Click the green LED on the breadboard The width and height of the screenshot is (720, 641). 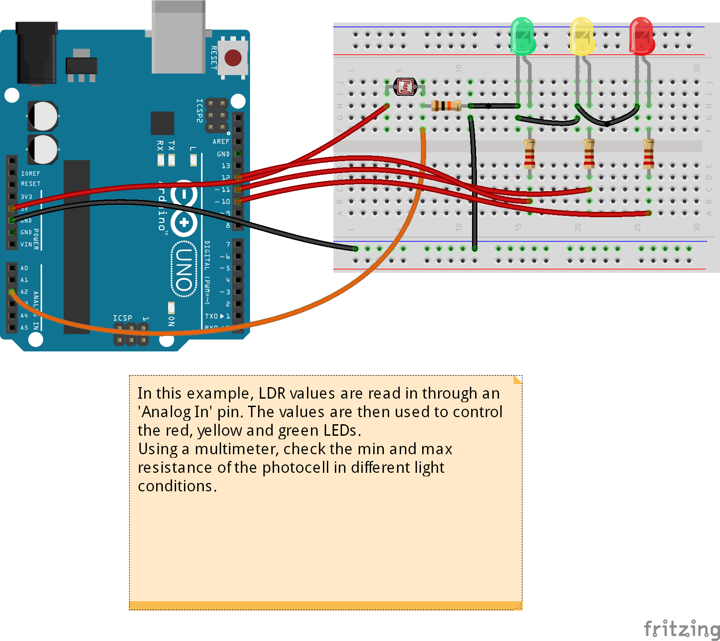(523, 35)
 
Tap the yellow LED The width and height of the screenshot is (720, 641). (582, 35)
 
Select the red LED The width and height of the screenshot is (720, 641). (641, 35)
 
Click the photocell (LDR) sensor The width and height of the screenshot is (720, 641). (405, 87)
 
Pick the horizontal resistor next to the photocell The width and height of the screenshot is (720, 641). (446, 106)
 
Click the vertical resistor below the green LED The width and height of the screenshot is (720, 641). (529, 154)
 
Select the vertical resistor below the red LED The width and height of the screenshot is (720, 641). (649, 154)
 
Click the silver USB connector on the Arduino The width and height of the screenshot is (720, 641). (178, 38)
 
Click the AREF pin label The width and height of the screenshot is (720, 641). (221, 142)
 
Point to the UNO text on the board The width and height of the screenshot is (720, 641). (184, 269)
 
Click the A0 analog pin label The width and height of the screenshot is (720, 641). (24, 268)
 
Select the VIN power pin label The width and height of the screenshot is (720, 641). (26, 244)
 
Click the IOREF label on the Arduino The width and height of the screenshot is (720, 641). (30, 173)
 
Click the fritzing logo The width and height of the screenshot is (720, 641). (681, 628)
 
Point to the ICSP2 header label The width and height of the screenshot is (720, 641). (199, 110)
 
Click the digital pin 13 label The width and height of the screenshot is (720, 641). (225, 166)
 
